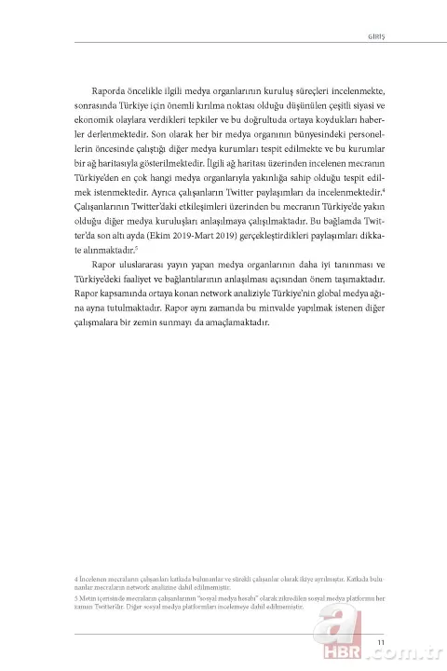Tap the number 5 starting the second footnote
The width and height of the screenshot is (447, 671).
coord(75,597)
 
